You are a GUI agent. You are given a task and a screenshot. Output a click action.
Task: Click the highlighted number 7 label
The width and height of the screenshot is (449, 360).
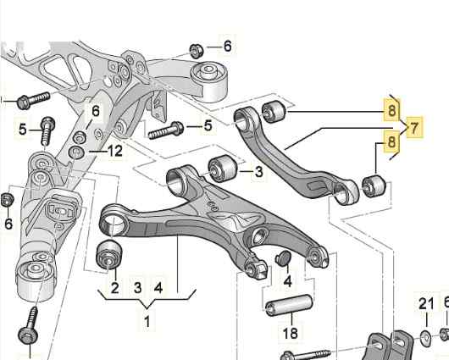(414, 129)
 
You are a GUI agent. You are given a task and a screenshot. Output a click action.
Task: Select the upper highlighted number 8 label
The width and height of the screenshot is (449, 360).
(391, 109)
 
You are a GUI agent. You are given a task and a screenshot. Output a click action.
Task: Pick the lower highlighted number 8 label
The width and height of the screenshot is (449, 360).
(391, 142)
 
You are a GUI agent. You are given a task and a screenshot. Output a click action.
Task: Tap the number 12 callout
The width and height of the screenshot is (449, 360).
(115, 151)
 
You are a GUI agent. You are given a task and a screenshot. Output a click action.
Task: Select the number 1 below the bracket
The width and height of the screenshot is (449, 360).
(147, 322)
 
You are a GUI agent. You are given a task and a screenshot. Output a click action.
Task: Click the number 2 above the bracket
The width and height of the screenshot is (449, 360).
(114, 287)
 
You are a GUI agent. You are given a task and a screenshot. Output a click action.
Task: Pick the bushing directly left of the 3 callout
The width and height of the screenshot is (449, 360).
(222, 167)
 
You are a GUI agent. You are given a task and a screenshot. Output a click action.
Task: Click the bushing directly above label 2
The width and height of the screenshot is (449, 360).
(110, 252)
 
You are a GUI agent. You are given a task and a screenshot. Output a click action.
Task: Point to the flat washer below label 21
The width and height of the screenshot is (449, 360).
(423, 340)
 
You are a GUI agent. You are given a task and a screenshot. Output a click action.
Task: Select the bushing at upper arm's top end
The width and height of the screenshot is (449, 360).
(274, 111)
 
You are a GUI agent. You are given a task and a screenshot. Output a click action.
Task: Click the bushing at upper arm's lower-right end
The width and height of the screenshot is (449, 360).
(372, 185)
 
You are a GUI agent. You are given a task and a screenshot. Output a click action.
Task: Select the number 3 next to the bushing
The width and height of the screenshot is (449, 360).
(258, 172)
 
